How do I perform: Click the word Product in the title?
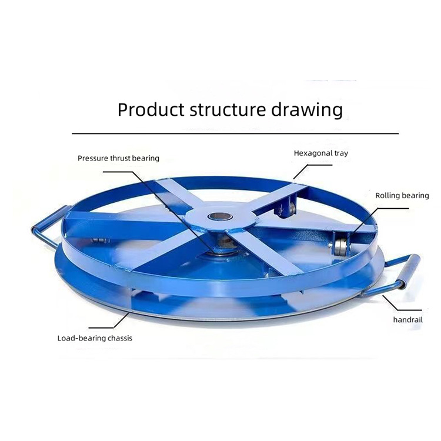[x=151, y=109]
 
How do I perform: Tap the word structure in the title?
[x=228, y=109]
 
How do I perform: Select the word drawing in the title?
[x=307, y=110]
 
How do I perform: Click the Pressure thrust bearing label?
[x=118, y=158]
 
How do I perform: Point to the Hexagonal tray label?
[x=321, y=153]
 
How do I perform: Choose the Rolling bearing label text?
[x=402, y=196]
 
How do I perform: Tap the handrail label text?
[x=408, y=320]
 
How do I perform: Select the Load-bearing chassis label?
[x=95, y=338]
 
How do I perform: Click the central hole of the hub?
[x=220, y=217]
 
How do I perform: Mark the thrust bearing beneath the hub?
[x=223, y=244]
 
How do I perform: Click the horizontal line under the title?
[x=235, y=133]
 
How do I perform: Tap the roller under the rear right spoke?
[x=286, y=209]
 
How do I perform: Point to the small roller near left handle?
[x=100, y=240]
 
